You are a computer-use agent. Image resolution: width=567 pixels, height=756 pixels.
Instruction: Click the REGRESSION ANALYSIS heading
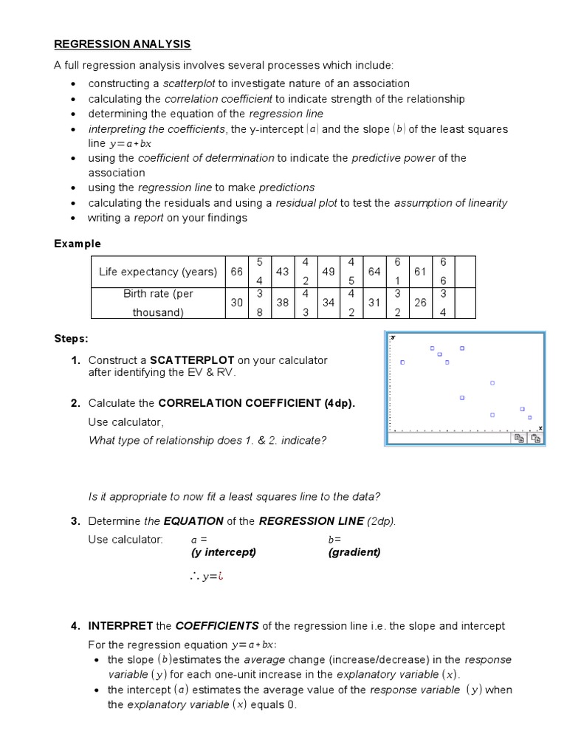[122, 45]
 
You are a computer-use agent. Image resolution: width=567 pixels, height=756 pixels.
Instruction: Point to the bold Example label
[77, 244]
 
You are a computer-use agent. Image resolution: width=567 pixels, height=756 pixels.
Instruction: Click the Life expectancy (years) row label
[158, 272]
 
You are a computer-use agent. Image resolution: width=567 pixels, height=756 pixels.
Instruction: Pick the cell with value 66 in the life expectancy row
[236, 272]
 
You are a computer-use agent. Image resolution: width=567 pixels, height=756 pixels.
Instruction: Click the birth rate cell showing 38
[282, 302]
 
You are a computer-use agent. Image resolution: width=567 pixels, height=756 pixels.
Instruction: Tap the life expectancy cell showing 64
[374, 272]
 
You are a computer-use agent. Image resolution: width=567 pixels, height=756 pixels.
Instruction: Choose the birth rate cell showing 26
[420, 302]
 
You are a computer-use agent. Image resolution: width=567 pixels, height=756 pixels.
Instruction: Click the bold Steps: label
[70, 339]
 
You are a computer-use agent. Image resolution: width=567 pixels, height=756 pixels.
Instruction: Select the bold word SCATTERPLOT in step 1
[192, 360]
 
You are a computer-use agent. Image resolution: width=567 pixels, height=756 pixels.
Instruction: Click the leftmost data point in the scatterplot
[402, 362]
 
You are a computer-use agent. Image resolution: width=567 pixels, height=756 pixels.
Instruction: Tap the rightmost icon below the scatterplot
[535, 438]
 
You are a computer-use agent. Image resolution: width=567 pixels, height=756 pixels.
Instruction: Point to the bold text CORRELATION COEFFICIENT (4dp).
[256, 403]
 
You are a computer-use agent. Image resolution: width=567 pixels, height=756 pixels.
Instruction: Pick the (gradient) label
[354, 552]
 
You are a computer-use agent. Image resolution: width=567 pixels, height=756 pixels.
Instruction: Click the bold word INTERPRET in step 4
[120, 626]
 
